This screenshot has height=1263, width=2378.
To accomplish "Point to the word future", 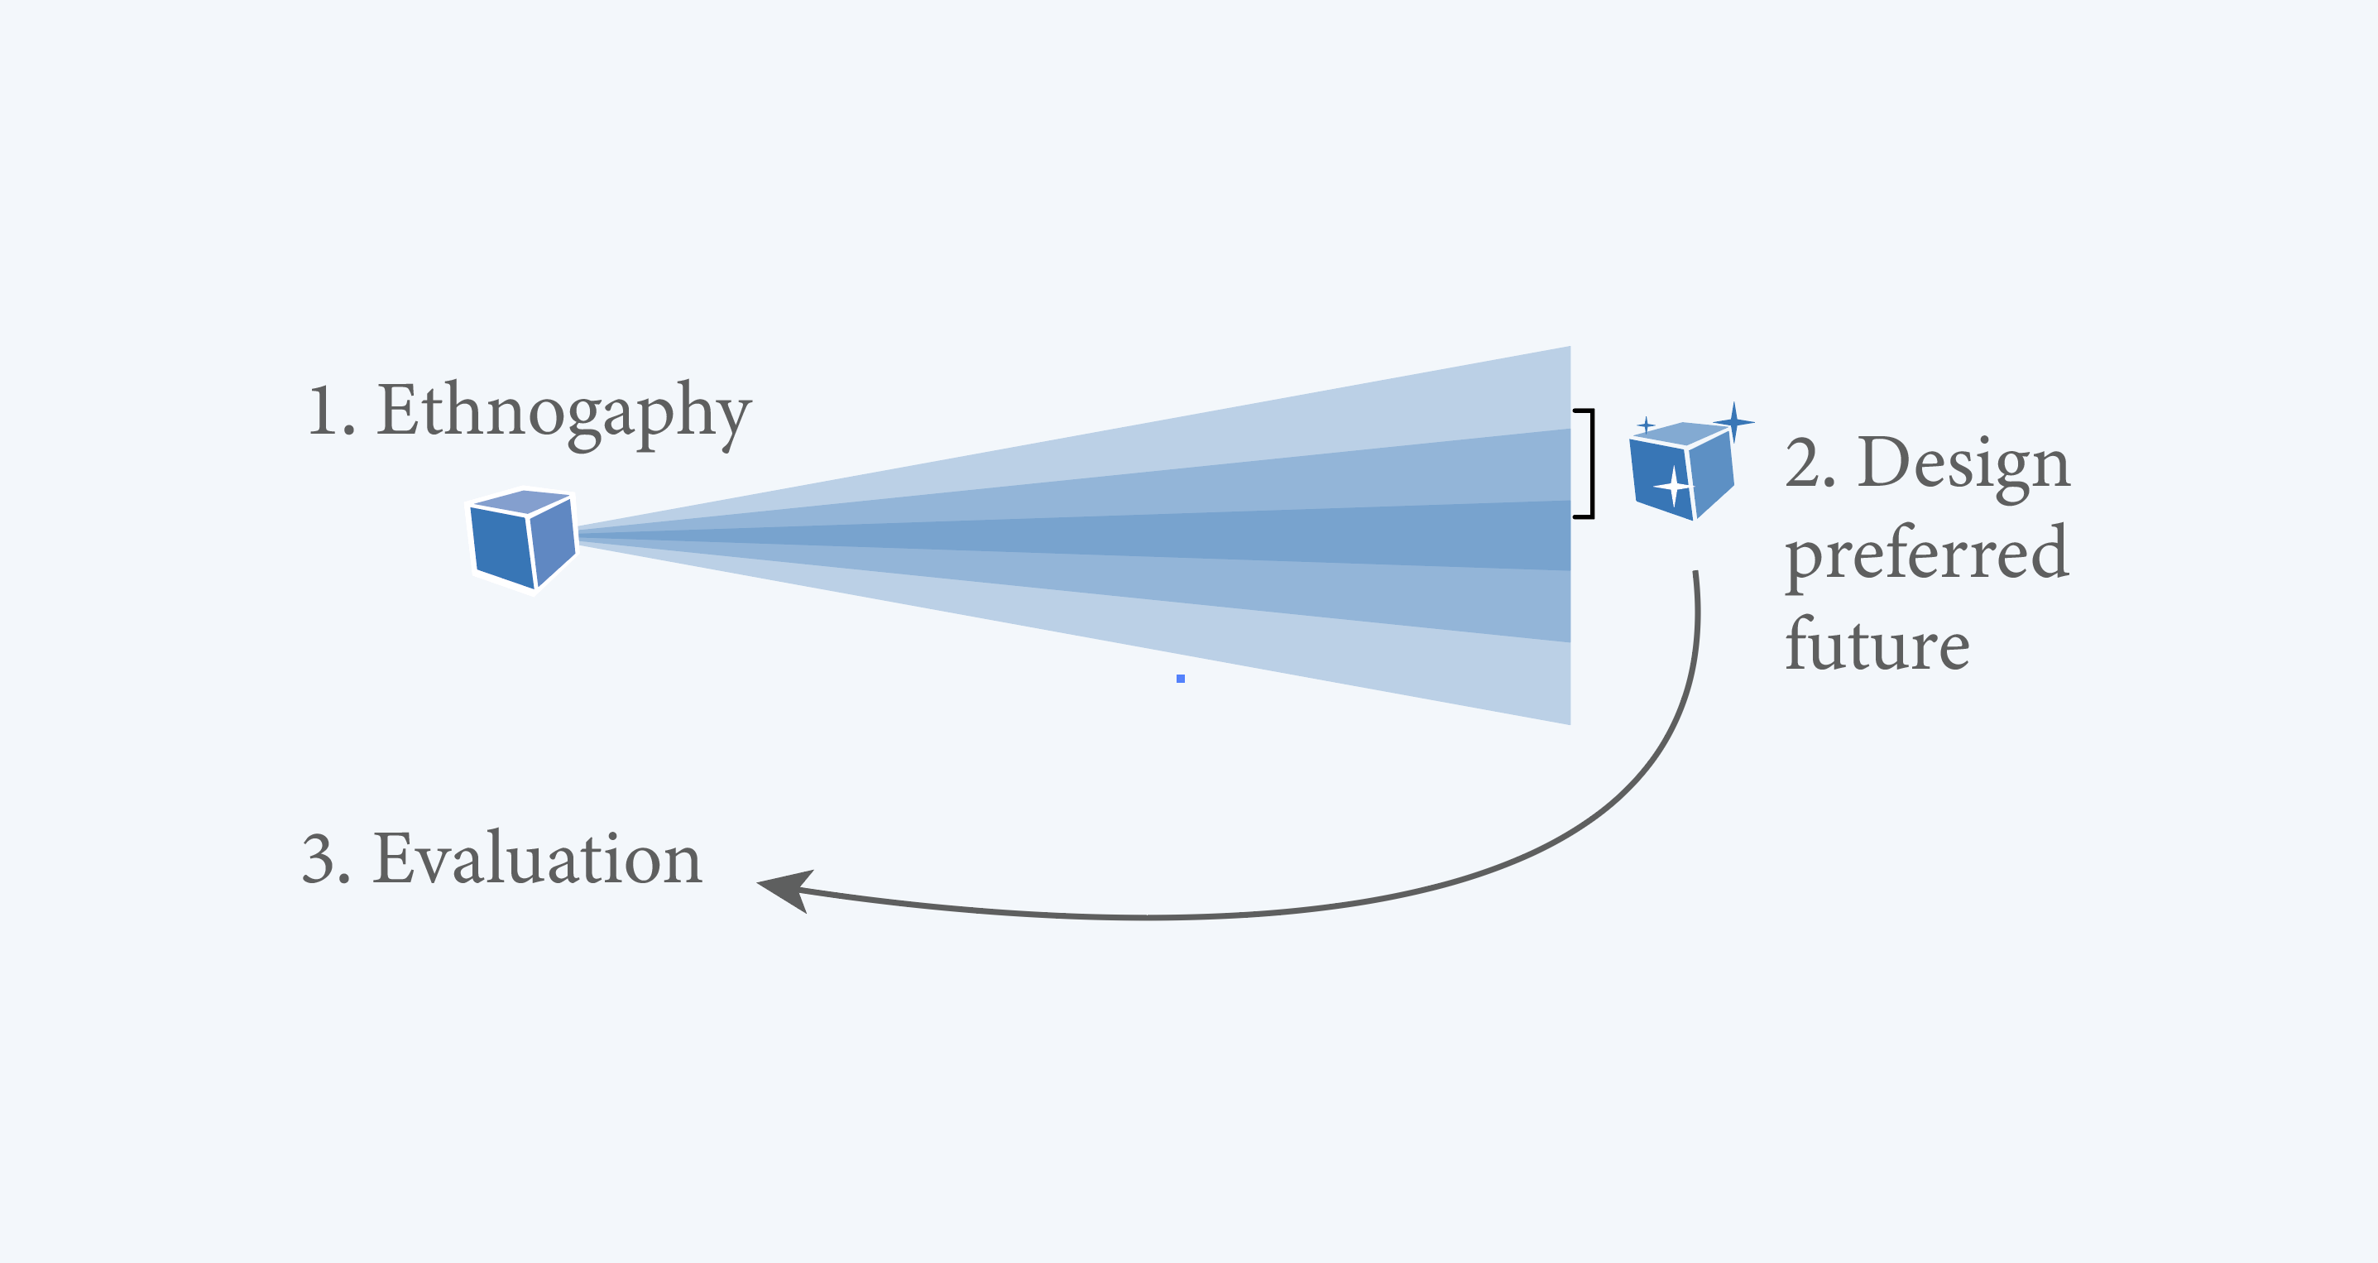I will click(1877, 645).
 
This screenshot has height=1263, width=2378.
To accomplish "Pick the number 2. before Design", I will click(1810, 463).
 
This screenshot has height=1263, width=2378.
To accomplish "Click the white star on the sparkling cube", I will click(1673, 486).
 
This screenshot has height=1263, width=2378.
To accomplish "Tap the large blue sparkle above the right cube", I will click(1733, 422).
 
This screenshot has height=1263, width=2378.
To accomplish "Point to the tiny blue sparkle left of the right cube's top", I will click(1645, 425).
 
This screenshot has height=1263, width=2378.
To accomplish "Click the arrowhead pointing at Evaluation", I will click(784, 889).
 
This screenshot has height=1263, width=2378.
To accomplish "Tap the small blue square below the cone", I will click(1181, 679).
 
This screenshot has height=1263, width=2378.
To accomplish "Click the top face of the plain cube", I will click(522, 502).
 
